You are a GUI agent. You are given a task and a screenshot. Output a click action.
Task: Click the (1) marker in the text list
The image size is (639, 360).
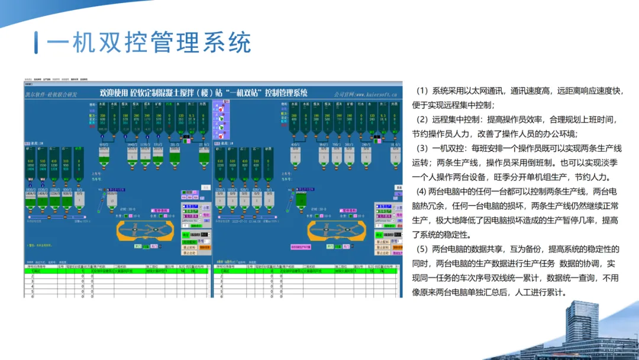point(422,91)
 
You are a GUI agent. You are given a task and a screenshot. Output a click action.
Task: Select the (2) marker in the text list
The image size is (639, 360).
point(422,120)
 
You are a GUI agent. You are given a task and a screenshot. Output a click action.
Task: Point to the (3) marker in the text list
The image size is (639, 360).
point(422,148)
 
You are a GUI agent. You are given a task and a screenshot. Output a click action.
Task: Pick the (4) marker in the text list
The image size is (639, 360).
point(421,191)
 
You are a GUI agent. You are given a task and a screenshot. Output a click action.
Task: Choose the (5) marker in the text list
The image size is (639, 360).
point(422,249)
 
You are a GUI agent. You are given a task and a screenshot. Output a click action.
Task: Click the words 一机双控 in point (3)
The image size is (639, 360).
point(449,148)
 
